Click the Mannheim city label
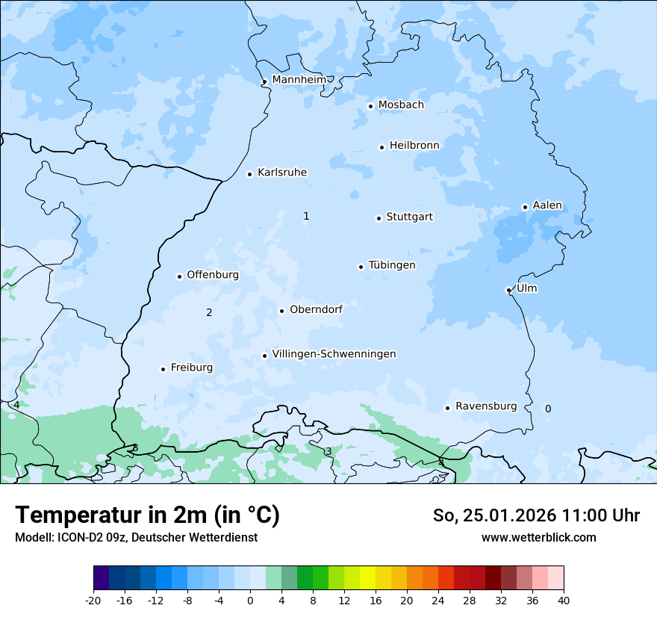point(299,79)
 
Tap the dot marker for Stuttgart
point(379,218)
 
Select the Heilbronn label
point(414,145)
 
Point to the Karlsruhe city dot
point(250,174)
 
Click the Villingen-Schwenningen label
point(334,353)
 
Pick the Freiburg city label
point(191,368)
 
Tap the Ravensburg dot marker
point(447,408)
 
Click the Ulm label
point(526,288)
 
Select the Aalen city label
point(547,205)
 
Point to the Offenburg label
point(213,274)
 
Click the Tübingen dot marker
point(361,267)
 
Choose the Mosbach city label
point(401,105)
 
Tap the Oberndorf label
point(316,309)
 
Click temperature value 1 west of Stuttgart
point(306,216)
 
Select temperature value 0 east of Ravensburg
point(548,409)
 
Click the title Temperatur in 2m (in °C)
point(148,515)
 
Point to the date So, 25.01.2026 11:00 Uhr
point(536,515)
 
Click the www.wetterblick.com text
point(538,537)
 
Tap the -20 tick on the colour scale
point(93,600)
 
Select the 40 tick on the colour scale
point(564,600)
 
